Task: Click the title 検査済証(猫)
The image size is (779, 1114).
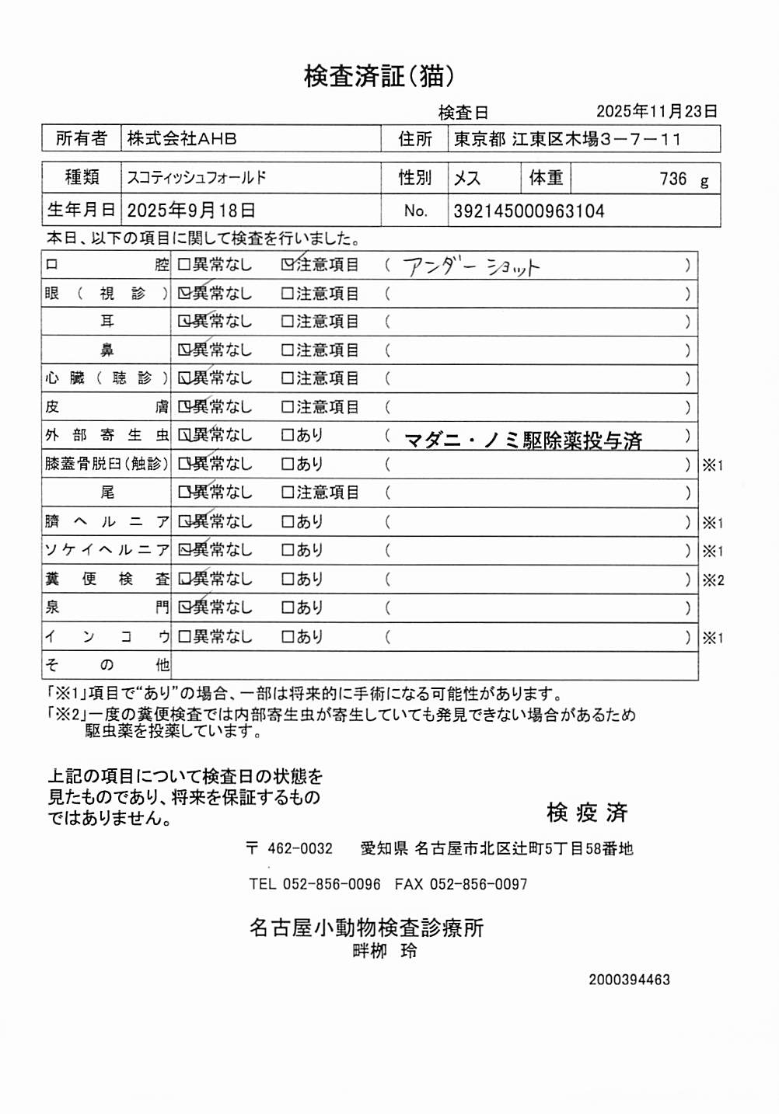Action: (379, 76)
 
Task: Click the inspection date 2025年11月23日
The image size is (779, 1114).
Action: (656, 112)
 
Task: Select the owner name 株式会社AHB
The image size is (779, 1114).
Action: (182, 139)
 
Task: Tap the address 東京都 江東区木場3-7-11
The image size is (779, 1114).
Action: (568, 140)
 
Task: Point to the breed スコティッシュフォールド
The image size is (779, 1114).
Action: (197, 178)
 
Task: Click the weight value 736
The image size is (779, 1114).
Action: (673, 179)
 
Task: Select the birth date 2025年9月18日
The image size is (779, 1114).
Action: (191, 211)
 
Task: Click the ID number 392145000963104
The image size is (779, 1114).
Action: (529, 211)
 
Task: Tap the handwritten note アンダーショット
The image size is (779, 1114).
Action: (471, 266)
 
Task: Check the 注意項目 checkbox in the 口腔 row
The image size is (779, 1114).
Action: (288, 265)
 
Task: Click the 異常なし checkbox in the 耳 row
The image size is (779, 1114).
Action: (184, 322)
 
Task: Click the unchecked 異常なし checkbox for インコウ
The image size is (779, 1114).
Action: (184, 637)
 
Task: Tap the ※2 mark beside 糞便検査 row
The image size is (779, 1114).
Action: (713, 580)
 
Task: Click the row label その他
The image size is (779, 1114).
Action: (107, 665)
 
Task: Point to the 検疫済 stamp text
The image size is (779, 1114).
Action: (587, 813)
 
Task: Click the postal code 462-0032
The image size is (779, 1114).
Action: (299, 849)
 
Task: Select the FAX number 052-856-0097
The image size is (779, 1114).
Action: (478, 884)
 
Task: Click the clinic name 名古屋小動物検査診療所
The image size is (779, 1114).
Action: (366, 928)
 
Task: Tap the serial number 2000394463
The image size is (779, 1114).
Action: (629, 980)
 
